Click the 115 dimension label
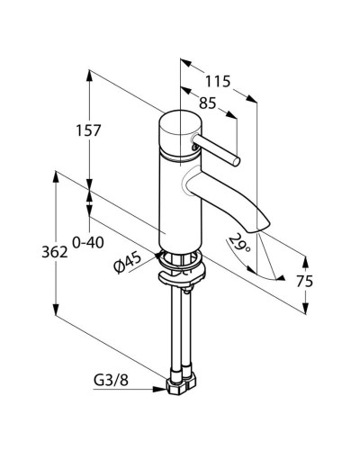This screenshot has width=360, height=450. (218, 81)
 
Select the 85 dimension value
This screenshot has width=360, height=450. (208, 103)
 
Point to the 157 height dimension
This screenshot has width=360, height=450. (88, 130)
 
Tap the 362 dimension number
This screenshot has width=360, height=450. (55, 252)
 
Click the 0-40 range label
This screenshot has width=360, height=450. (88, 242)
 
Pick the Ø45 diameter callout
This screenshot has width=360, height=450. (128, 262)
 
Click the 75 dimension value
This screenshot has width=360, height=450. (304, 281)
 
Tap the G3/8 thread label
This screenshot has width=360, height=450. (111, 381)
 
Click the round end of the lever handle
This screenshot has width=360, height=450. (237, 161)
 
